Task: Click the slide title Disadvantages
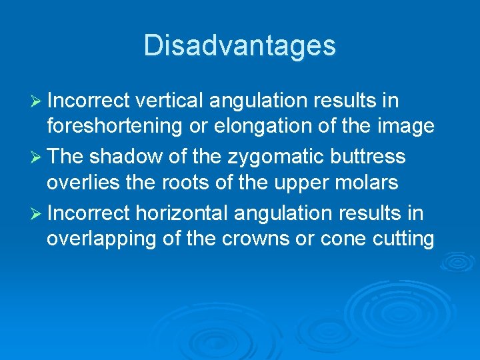tap(239, 45)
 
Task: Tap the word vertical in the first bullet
tap(171, 101)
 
